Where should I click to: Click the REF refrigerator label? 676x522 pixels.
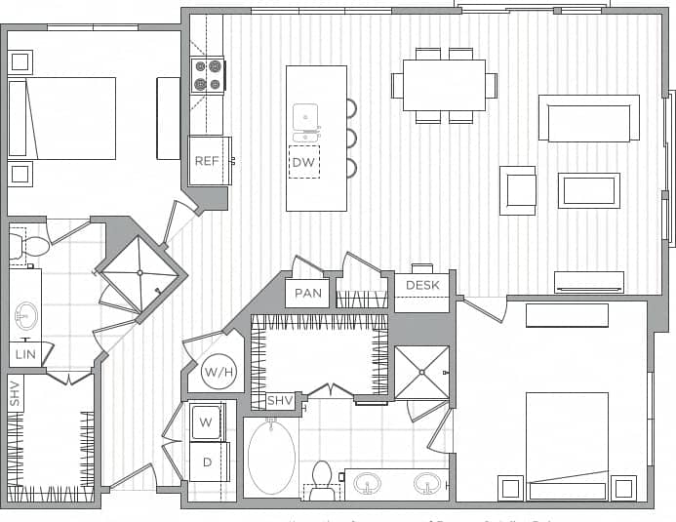206,161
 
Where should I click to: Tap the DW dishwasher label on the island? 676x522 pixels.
303,162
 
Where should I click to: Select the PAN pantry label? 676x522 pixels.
308,293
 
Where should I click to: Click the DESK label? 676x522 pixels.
422,286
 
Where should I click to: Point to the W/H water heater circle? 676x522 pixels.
217,371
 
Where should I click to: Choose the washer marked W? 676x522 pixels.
206,422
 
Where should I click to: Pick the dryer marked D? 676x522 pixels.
206,461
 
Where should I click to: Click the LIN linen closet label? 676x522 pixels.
25,354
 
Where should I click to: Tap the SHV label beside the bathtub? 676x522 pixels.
280,401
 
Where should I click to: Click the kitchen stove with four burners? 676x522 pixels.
208,76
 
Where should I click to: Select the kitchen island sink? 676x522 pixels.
306,118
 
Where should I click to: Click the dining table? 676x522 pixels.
444,86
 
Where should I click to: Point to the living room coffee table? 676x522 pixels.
588,190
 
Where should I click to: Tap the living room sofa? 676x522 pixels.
588,119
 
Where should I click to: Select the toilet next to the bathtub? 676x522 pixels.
322,478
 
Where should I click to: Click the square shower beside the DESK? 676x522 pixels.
421,372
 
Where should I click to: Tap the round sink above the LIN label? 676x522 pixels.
25,316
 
